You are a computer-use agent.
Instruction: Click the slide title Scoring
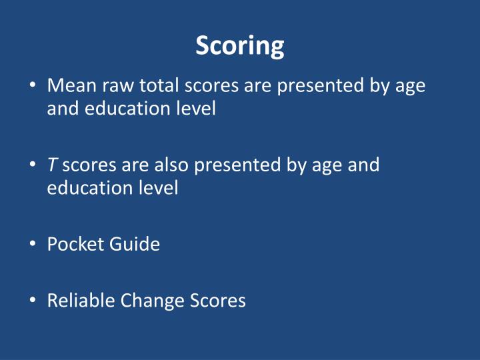coord(240,46)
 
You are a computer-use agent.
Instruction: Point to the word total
coord(159,86)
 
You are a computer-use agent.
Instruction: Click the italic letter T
coord(51,165)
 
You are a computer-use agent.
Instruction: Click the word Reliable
coord(81,301)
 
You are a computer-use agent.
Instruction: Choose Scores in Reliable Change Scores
coord(216,301)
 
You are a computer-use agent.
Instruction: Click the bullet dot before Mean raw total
coord(33,87)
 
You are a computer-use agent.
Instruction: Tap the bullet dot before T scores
coord(33,165)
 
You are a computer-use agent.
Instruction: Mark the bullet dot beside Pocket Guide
coord(33,244)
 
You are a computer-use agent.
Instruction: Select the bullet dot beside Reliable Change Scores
coord(33,301)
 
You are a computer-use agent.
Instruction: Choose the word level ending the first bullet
coord(195,109)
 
